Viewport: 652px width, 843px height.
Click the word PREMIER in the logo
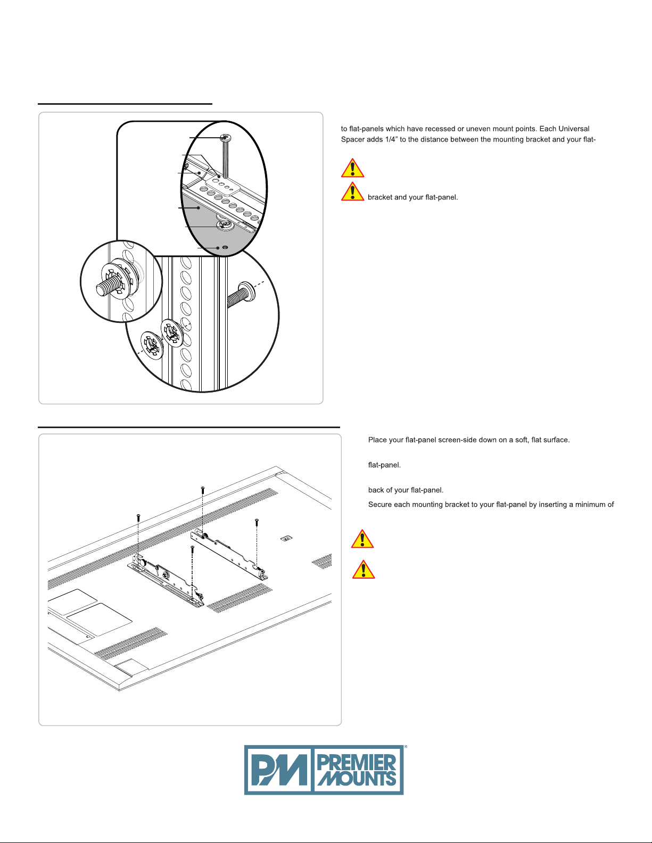pyautogui.click(x=357, y=763)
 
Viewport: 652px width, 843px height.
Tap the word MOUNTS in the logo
pyautogui.click(x=357, y=779)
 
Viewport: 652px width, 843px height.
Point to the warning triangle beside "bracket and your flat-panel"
pyautogui.click(x=352, y=191)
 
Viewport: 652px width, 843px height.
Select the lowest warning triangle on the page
pyautogui.click(x=364, y=569)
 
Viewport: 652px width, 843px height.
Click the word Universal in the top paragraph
pyautogui.click(x=574, y=129)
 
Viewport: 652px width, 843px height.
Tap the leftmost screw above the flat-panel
pyautogui.click(x=138, y=516)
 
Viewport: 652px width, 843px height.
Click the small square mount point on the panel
pyautogui.click(x=286, y=538)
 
